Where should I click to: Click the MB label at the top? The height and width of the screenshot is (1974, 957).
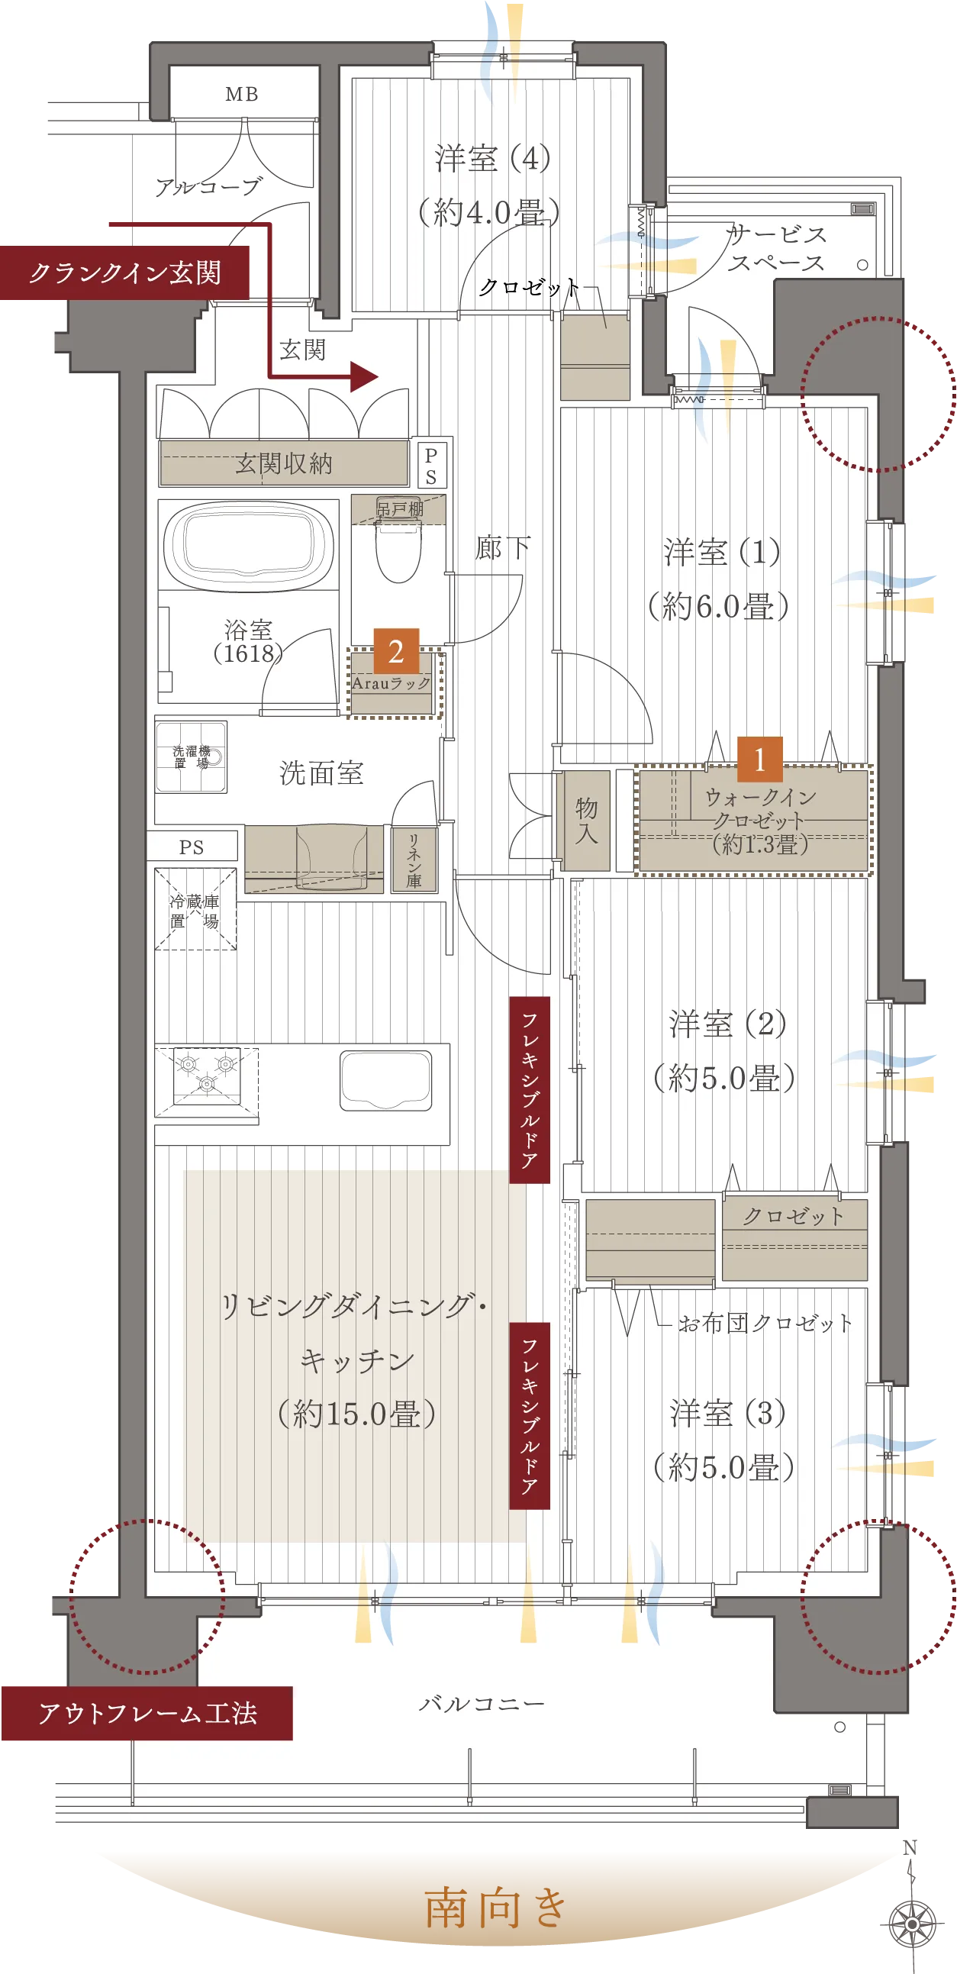(241, 94)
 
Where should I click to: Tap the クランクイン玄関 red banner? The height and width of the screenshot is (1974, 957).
(125, 273)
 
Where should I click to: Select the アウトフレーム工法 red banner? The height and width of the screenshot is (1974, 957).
(147, 1713)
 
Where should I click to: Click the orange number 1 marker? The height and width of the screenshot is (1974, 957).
(759, 760)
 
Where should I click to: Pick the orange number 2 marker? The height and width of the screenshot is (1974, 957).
(396, 651)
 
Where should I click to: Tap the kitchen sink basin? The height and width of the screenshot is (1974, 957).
(385, 1080)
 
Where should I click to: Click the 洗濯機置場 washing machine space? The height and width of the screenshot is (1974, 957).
(191, 756)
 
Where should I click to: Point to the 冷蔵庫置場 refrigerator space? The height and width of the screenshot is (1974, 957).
(195, 910)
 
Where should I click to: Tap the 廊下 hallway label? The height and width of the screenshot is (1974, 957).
(502, 547)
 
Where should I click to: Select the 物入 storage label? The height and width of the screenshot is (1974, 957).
(586, 820)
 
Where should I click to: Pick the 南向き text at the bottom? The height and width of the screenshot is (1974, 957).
(496, 1908)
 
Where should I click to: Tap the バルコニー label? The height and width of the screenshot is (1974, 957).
(482, 1704)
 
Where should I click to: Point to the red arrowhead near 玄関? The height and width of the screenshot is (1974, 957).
(364, 376)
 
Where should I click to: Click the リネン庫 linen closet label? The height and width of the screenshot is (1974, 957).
(414, 860)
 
